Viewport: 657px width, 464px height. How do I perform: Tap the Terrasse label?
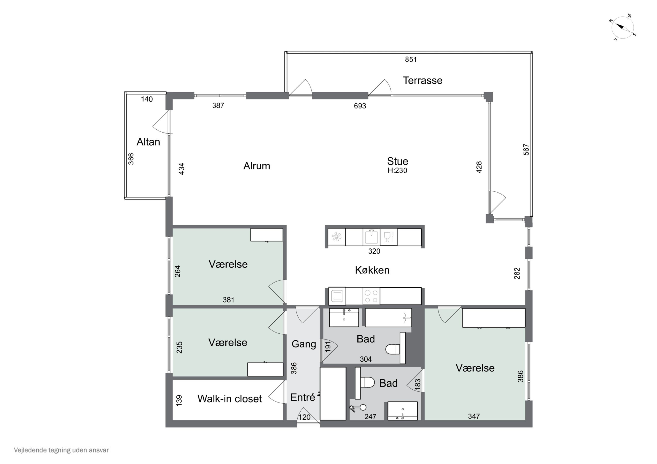coord(422,81)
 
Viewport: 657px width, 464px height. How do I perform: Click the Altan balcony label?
coord(148,142)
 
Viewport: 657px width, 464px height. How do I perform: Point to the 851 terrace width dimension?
coord(411,60)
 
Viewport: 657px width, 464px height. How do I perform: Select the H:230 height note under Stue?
coord(397,170)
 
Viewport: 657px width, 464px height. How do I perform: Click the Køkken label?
coord(372,270)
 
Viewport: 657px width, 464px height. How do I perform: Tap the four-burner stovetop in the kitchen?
coord(371,296)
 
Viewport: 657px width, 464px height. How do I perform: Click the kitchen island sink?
coord(371,237)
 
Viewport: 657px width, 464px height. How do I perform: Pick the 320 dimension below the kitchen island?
coord(374,251)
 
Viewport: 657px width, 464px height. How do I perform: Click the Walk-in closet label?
coord(230,399)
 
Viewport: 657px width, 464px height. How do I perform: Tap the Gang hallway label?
coord(304,344)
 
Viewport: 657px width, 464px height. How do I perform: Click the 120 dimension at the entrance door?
coord(304,417)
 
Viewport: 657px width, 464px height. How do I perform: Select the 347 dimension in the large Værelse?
coord(474,416)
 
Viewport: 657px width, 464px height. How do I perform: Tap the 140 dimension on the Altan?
coord(147,99)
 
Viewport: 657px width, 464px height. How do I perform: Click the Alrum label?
coord(257,166)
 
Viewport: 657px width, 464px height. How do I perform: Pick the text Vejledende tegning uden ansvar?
coord(61,450)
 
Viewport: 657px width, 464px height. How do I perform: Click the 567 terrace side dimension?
coord(526,149)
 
